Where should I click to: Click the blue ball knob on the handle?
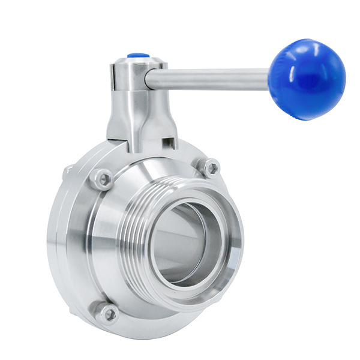307,80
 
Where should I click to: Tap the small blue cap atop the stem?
136,56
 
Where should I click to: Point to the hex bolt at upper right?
211,167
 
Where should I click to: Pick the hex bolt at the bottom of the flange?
109,313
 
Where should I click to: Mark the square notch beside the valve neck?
170,143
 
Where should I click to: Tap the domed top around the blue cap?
136,61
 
